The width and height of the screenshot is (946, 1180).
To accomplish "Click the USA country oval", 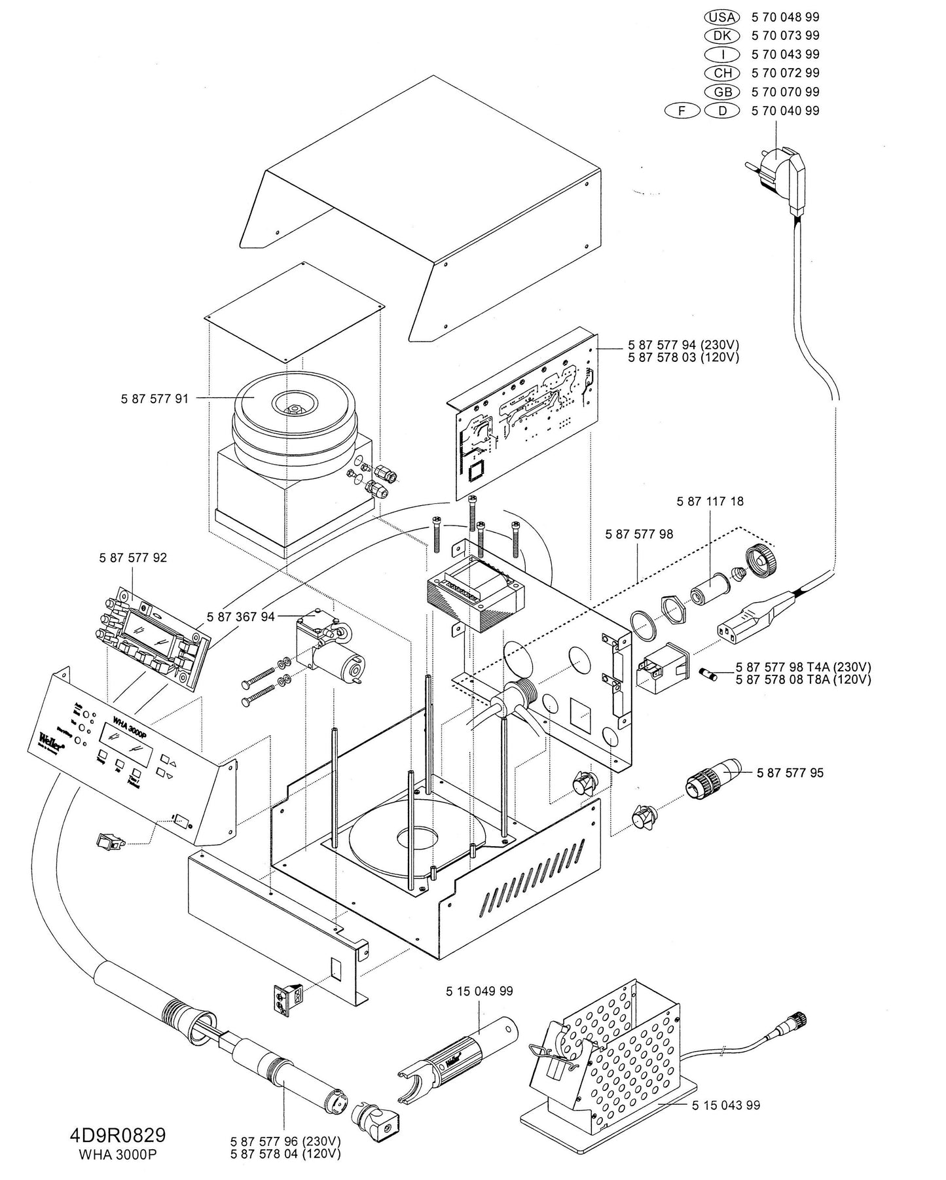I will (x=722, y=17).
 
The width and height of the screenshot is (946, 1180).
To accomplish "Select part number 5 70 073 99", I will (x=785, y=35).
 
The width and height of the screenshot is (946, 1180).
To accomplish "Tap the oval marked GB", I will (x=722, y=92).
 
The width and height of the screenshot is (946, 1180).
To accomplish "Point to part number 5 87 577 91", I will (x=155, y=399).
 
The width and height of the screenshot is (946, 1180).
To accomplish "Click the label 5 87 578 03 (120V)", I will (x=683, y=357).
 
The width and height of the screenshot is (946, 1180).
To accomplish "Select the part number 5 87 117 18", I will (x=710, y=501).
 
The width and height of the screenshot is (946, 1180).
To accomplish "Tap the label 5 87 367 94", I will (x=240, y=617).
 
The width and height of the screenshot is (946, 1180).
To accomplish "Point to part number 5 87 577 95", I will (x=790, y=773).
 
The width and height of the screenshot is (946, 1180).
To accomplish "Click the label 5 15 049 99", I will (x=479, y=992).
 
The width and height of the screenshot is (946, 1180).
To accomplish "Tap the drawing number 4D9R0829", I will (x=118, y=1134).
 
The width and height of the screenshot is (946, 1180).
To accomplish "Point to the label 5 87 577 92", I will (x=133, y=558).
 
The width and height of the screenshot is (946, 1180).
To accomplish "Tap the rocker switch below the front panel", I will (x=109, y=841).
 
